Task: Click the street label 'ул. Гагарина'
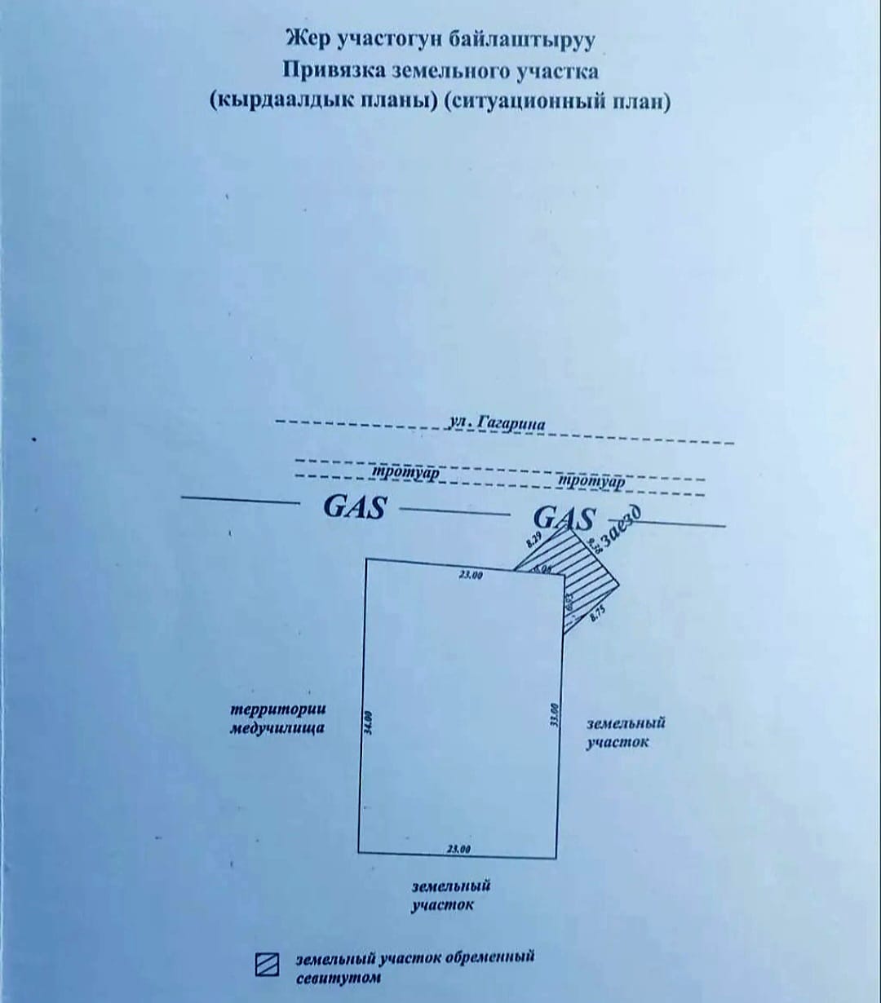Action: [x=497, y=424]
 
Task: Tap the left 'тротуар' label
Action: [x=406, y=473]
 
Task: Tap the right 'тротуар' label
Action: [x=591, y=482]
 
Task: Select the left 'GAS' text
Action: [x=354, y=507]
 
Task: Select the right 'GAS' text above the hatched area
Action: [x=564, y=519]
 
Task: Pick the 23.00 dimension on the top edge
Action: [x=471, y=575]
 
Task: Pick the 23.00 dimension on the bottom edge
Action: [x=459, y=850]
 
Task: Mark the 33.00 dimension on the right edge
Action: [x=554, y=714]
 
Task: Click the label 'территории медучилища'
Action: [x=277, y=719]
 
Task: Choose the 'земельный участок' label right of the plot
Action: [x=625, y=731]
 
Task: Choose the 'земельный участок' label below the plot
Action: [x=450, y=895]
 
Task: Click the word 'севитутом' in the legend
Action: [x=338, y=977]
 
